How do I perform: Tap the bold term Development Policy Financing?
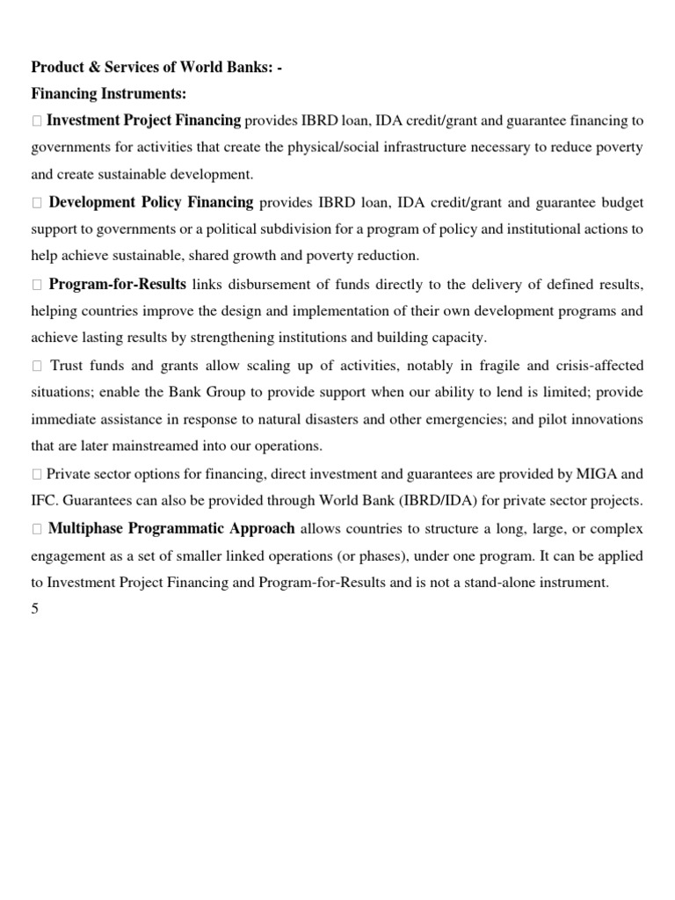pos(151,203)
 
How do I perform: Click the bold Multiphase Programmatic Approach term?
pos(171,529)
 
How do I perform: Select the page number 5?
pos(35,609)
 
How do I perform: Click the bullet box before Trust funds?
pos(36,367)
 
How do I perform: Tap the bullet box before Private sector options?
pos(36,475)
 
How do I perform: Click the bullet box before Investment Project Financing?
pos(36,121)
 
